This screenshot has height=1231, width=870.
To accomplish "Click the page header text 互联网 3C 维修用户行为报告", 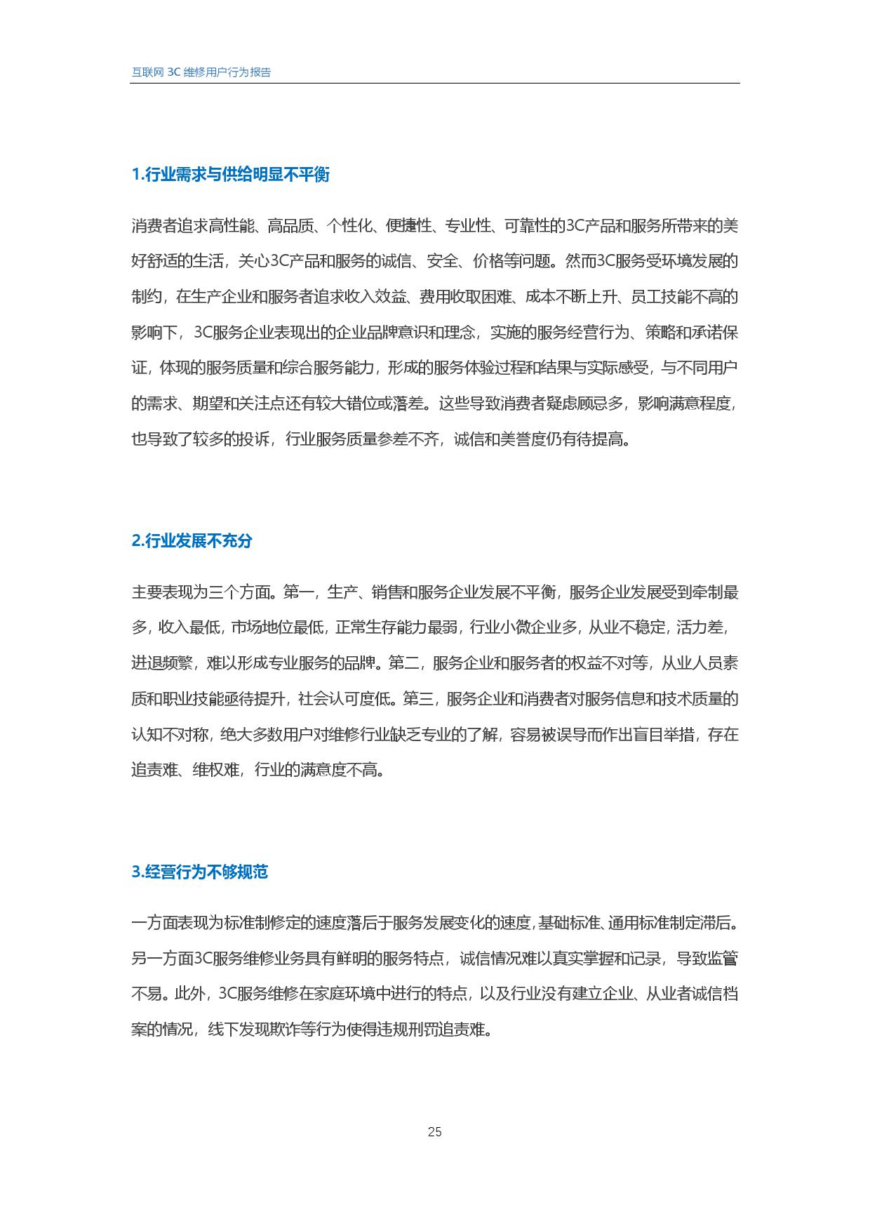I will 201,72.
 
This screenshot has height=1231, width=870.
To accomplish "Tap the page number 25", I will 434,1131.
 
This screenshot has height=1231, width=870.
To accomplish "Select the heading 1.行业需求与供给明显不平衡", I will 231,175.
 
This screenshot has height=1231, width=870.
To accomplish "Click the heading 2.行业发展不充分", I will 192,541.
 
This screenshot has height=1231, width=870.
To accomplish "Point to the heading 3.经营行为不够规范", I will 200,872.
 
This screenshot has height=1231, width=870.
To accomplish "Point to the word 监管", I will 723,959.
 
